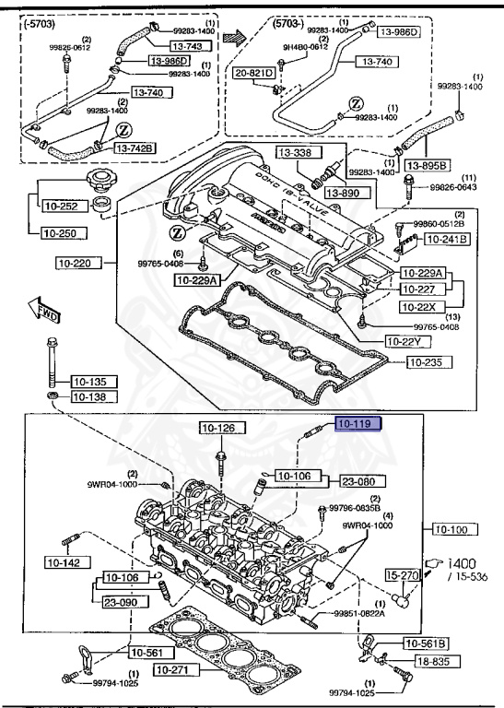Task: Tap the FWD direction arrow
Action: [x=42, y=309]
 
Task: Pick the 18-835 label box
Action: [x=436, y=661]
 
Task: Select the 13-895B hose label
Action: [x=451, y=165]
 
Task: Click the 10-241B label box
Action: [x=445, y=240]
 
